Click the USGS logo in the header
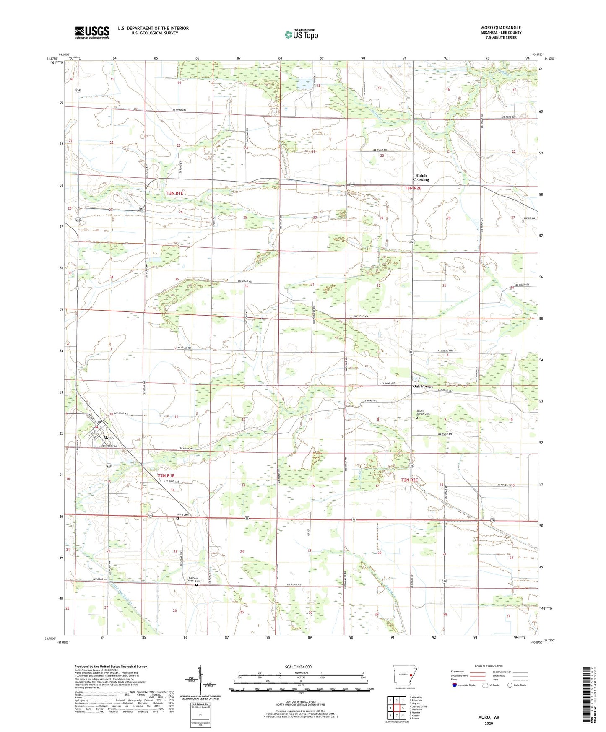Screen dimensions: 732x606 click(x=92, y=32)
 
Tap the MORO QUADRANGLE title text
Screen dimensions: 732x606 click(x=501, y=28)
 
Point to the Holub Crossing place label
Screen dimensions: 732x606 click(x=421, y=178)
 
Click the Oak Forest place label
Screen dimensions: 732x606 click(x=423, y=386)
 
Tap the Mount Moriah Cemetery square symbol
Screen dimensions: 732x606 click(x=416, y=418)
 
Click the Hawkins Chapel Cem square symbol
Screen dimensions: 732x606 click(x=196, y=585)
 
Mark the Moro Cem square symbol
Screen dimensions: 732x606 click(x=177, y=519)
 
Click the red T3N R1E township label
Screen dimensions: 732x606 click(x=175, y=193)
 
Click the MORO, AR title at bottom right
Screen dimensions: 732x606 click(x=489, y=717)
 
